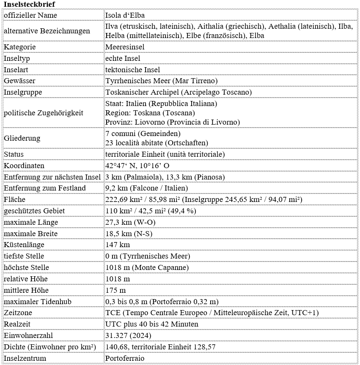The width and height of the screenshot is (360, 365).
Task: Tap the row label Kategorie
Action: [20, 47]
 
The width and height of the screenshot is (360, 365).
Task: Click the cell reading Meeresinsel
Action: [125, 47]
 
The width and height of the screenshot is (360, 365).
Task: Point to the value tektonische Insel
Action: [132, 70]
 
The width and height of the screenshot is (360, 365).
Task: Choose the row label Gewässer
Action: [19, 81]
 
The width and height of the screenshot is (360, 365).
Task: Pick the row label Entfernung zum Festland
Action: [45, 188]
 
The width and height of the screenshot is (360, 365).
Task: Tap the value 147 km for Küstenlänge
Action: [118, 245]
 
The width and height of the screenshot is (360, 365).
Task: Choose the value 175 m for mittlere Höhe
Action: [115, 290]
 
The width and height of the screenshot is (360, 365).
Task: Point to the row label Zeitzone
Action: [18, 313]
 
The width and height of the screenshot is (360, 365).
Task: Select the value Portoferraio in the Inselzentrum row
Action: [125, 358]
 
